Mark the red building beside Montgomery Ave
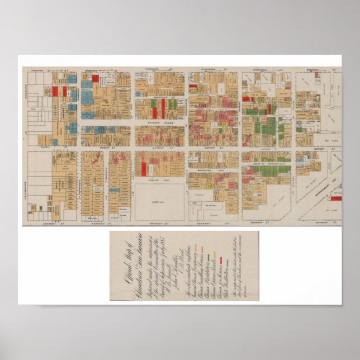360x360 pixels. tap(336, 197)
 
